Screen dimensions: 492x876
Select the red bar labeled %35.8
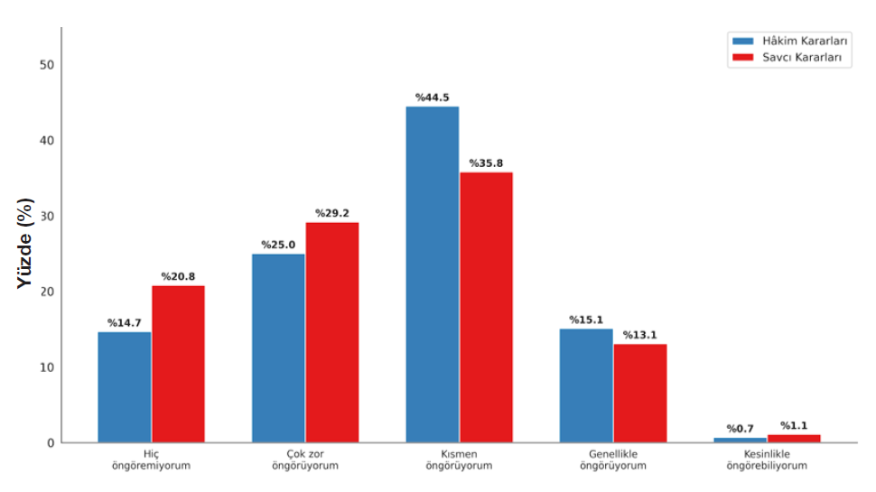[486, 307]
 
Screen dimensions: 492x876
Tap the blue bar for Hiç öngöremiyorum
[125, 387]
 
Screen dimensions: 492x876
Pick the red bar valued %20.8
[178, 364]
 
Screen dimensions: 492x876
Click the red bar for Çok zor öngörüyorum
[332, 332]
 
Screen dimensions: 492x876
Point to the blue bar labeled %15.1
[586, 385]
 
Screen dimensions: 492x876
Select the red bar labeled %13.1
[640, 393]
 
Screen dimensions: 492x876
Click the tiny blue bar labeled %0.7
[740, 440]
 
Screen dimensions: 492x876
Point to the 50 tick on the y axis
[47, 65]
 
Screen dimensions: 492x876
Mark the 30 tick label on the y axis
[47, 217]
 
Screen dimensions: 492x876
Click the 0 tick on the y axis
[51, 443]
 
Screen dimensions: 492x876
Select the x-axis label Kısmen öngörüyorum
[459, 460]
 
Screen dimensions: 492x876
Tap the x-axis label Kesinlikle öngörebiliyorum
[767, 460]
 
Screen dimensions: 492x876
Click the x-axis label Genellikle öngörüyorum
[613, 460]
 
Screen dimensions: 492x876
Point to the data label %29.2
[332, 214]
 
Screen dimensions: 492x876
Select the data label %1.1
[794, 426]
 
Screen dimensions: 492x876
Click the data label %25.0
[278, 246]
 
